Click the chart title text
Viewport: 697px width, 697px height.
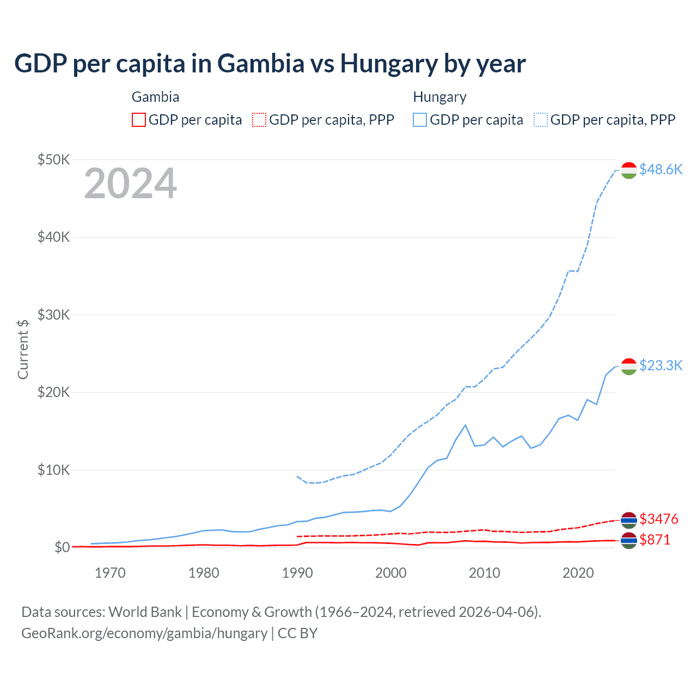point(270,63)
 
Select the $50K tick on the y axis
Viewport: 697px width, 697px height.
point(53,160)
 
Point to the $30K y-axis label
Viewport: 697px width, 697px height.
point(53,315)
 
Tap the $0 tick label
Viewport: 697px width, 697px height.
point(62,547)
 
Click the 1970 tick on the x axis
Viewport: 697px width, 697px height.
point(110,573)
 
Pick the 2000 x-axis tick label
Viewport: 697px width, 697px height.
point(391,573)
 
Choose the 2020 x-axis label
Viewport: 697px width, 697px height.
point(578,573)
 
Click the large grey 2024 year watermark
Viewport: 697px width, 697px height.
point(130,184)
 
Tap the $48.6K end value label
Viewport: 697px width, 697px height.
point(661,169)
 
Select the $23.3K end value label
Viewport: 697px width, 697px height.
point(661,365)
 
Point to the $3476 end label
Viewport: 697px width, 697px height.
point(659,518)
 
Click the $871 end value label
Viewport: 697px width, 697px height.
point(655,540)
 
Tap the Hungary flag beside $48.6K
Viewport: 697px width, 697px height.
point(629,170)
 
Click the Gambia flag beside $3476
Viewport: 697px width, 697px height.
point(629,519)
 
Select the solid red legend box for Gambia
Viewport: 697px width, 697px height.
point(139,120)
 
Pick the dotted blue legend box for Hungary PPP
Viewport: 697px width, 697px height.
point(541,120)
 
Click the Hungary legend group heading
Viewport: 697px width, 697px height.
point(439,97)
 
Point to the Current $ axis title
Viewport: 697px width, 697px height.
point(23,349)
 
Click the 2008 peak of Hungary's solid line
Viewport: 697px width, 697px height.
point(466,425)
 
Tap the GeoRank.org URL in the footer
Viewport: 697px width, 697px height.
point(144,633)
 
